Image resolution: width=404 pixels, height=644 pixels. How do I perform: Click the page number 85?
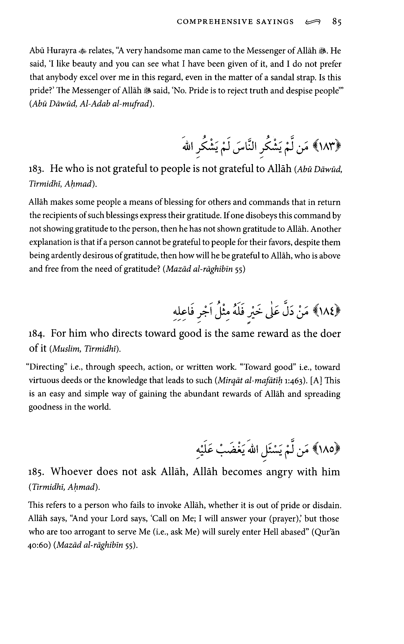[337, 22]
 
